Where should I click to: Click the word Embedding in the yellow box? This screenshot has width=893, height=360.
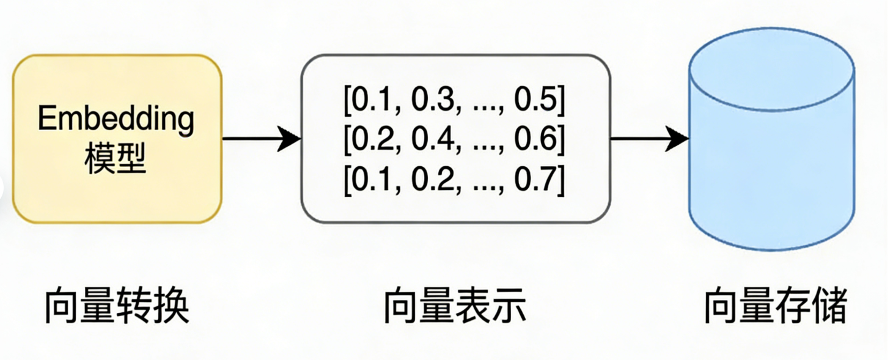[116, 119]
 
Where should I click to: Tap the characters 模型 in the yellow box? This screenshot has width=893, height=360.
[116, 160]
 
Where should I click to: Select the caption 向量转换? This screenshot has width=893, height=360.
[117, 306]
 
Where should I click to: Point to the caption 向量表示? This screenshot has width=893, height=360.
[455, 306]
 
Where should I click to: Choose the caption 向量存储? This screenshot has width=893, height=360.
[776, 306]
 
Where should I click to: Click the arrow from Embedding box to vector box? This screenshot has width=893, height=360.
[261, 139]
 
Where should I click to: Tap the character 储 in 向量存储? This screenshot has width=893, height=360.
[829, 306]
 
